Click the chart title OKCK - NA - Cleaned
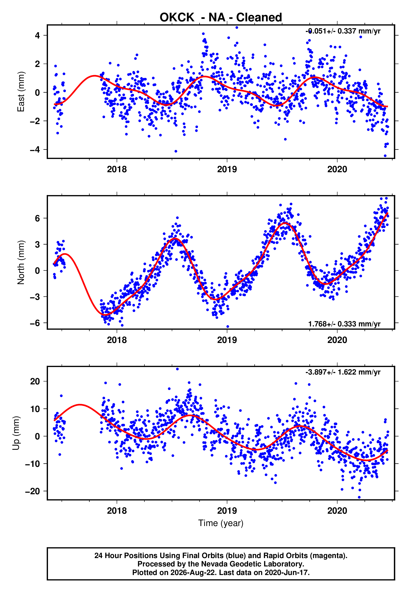coord(221,18)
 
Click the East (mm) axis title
coord(21,92)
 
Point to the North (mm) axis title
coord(21,262)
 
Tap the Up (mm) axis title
coord(16,433)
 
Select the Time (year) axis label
coord(221,523)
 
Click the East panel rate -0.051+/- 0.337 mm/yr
coord(343,31)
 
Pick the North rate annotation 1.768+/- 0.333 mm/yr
coord(344,324)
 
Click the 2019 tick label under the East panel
coord(227,169)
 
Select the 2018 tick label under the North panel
coord(117,340)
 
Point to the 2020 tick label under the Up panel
coord(337,511)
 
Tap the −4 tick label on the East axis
coord(35,149)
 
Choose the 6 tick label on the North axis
coord(37,218)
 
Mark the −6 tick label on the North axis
coord(35,323)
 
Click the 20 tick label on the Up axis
coord(35,381)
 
